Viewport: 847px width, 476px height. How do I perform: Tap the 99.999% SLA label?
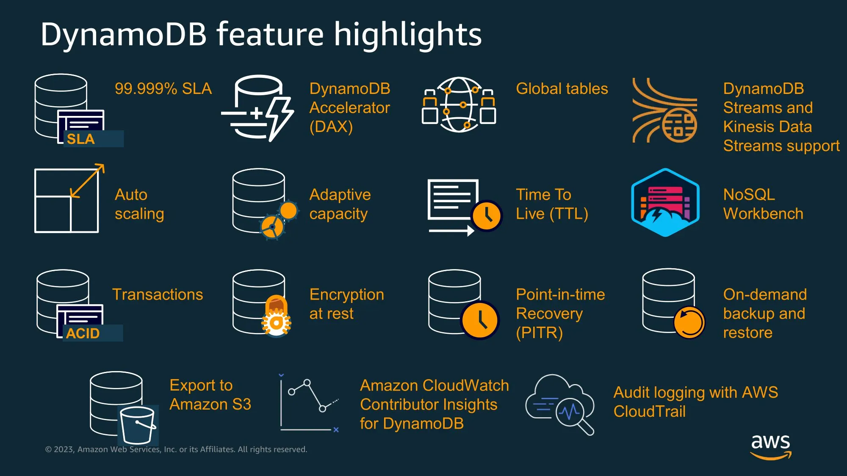(x=163, y=89)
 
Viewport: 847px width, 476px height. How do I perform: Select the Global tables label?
(x=562, y=89)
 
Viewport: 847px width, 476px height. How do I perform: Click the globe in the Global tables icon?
(x=459, y=105)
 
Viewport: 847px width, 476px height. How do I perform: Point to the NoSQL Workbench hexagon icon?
(x=665, y=202)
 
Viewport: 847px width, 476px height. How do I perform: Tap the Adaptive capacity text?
(x=340, y=204)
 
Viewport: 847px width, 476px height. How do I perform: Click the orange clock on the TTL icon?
(x=487, y=215)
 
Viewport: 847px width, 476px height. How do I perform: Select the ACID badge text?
(x=83, y=333)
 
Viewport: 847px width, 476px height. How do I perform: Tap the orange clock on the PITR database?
(x=479, y=320)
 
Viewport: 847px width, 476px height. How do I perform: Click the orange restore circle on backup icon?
(x=689, y=322)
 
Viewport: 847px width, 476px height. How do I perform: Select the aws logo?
(x=770, y=446)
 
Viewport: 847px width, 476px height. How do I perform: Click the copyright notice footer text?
(x=176, y=449)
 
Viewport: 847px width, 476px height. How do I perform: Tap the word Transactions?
(x=158, y=294)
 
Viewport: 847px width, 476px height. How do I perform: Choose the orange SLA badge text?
(x=80, y=139)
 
